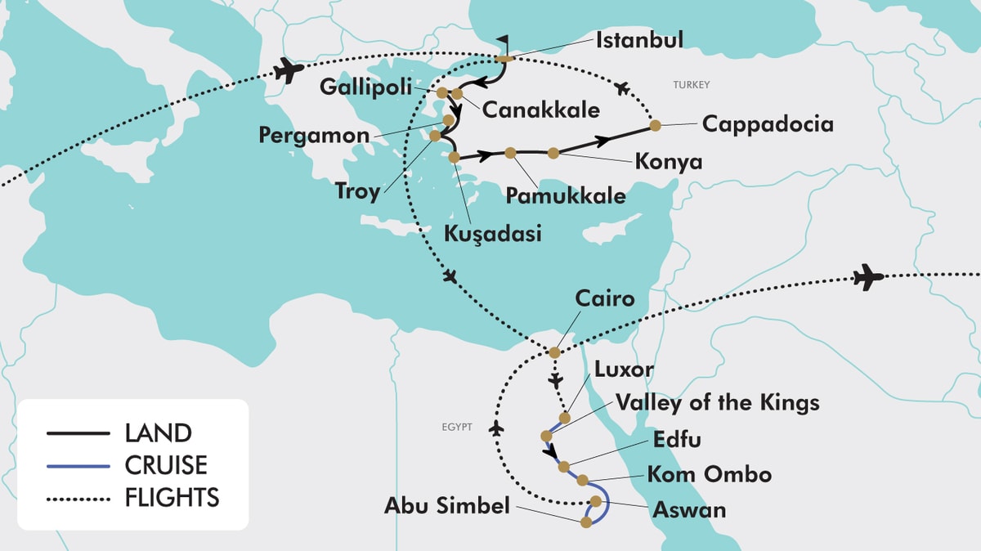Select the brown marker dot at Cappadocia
click(x=655, y=125)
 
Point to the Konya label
click(x=668, y=161)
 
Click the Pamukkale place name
click(x=566, y=195)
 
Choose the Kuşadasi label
click(x=493, y=233)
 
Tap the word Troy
click(x=357, y=192)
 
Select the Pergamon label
click(x=314, y=134)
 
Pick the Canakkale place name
click(x=540, y=109)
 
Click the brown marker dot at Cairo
click(x=554, y=352)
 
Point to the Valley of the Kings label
click(x=717, y=402)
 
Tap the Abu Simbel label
click(x=446, y=506)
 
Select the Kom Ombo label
click(x=709, y=473)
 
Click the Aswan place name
click(x=689, y=510)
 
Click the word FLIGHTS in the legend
click(x=172, y=497)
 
